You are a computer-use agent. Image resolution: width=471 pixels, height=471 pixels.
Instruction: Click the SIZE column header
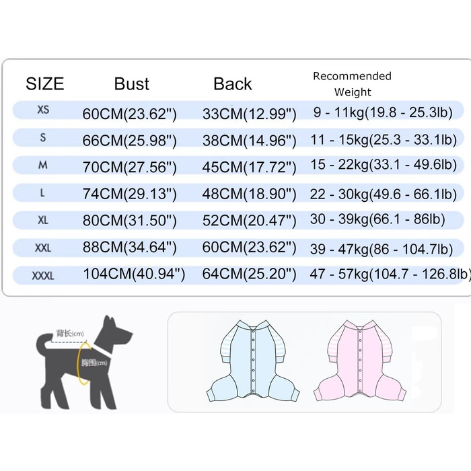(44, 84)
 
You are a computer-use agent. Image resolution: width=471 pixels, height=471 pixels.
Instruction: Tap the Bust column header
(132, 84)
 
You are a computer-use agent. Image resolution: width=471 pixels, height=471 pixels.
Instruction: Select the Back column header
(233, 84)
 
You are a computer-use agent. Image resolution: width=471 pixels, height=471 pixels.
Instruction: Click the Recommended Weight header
(352, 84)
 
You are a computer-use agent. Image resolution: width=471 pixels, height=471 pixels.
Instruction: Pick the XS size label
(43, 110)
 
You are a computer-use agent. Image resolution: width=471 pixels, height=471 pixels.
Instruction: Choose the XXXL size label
(44, 276)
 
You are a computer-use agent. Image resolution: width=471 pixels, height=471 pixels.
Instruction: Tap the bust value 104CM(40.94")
(133, 275)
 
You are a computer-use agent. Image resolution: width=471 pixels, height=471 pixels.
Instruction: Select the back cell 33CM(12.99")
(249, 114)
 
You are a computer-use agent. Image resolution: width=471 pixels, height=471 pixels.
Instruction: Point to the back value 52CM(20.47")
(249, 221)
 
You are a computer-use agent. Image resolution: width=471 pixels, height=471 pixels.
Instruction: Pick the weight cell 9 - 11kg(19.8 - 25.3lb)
(382, 112)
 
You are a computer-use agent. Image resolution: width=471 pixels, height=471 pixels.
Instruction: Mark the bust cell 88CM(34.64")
(129, 248)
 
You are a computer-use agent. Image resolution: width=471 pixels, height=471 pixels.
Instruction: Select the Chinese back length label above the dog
(70, 333)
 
